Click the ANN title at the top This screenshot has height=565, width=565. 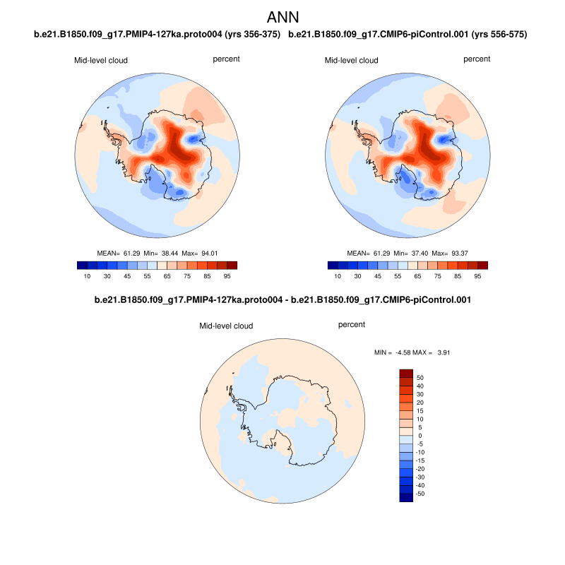click(282, 16)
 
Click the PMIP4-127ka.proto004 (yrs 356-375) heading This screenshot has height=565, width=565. click(157, 34)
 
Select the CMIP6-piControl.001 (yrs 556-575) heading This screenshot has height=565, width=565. click(408, 34)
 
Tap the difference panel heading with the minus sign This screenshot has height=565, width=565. click(282, 300)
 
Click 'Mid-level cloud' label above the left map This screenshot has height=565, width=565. click(101, 61)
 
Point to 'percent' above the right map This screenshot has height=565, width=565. click(477, 59)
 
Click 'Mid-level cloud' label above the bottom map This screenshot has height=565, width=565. click(226, 326)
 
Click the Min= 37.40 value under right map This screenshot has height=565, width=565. click(410, 253)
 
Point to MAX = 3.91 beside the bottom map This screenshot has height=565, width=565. click(424, 352)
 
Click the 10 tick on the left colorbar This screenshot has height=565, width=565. click(87, 276)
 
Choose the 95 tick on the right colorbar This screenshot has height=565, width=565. click(477, 276)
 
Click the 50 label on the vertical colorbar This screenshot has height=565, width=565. click(420, 378)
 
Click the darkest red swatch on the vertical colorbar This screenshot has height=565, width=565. click(405, 373)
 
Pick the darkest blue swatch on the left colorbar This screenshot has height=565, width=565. click(81, 266)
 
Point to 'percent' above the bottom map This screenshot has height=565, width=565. click(352, 325)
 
